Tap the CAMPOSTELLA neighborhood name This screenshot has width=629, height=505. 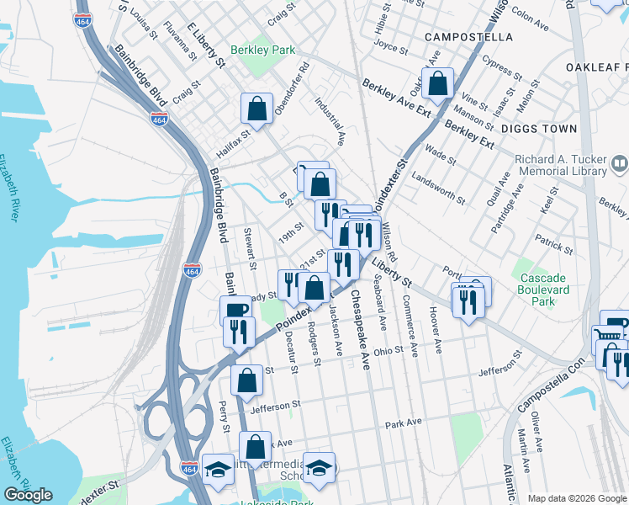tap(468, 37)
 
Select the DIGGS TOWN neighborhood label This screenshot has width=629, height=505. tap(539, 129)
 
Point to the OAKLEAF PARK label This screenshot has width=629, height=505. tap(596, 66)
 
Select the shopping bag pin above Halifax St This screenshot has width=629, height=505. tap(256, 108)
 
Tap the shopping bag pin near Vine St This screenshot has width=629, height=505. tap(437, 82)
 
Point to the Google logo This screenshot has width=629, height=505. tap(29, 495)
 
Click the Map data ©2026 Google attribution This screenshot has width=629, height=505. tap(577, 498)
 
